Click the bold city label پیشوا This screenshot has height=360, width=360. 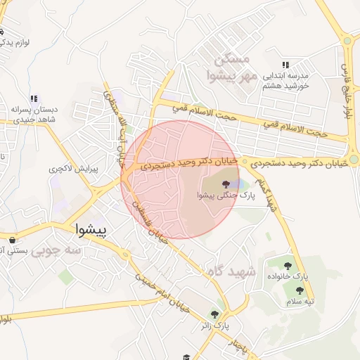89,230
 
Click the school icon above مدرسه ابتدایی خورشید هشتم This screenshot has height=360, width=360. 285,64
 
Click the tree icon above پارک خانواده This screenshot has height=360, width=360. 288,265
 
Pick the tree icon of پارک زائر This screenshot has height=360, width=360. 214,314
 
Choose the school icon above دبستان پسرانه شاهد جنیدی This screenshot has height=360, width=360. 33,98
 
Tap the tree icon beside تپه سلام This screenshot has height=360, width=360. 300,290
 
